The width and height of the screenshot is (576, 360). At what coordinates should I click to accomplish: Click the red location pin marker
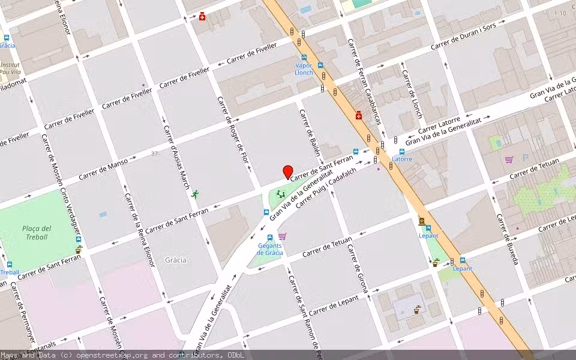pos(288,172)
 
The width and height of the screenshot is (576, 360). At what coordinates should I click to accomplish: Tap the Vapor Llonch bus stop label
pos(304,69)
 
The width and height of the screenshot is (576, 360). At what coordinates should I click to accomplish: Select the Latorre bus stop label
pos(402,159)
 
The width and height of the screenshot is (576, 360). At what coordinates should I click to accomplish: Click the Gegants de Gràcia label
pos(270,249)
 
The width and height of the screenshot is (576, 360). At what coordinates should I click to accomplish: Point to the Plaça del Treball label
pos(37,232)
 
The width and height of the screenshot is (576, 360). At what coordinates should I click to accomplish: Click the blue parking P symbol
pos(526,158)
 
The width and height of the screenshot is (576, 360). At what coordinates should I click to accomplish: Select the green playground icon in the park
pos(280,194)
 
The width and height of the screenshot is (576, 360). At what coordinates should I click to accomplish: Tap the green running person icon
pos(194,194)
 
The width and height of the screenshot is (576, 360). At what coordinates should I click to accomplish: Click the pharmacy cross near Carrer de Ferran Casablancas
pos(359,115)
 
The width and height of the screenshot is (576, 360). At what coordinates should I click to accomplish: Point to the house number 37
pos(155,154)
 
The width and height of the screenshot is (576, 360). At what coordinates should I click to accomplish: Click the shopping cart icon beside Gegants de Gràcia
pos(283,237)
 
